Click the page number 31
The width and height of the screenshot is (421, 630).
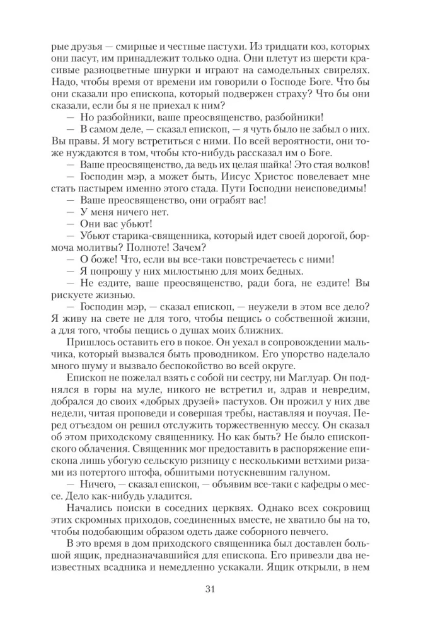coord(211,589)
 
